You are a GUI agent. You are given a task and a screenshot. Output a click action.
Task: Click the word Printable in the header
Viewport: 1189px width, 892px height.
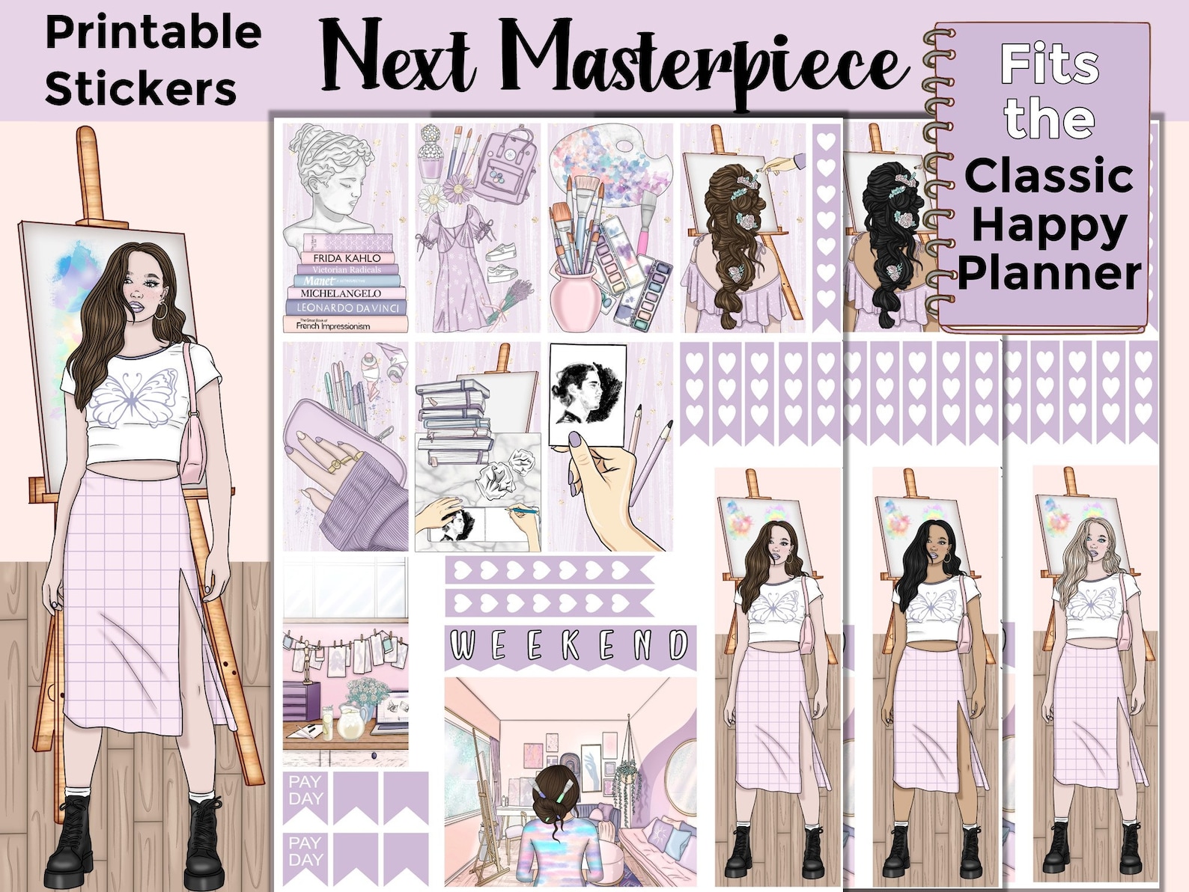click(153, 34)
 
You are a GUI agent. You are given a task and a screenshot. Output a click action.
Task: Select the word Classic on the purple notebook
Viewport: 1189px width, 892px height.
click(1048, 177)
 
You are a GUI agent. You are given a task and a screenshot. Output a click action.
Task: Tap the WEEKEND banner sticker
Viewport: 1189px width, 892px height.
click(570, 645)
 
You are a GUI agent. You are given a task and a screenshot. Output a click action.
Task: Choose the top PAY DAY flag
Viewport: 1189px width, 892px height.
click(305, 792)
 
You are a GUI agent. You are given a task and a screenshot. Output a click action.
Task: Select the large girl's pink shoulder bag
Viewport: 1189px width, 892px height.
click(192, 449)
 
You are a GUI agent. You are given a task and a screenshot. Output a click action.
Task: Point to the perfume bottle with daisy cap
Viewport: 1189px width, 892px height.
click(431, 153)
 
